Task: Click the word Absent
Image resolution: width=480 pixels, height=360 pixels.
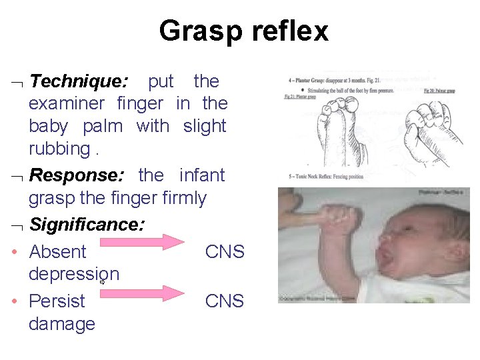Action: pos(58,252)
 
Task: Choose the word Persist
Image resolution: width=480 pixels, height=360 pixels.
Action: pos(57,301)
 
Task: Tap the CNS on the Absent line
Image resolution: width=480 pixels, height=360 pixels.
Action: pos(225,252)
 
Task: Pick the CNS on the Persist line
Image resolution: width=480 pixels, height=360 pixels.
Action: pos(225,301)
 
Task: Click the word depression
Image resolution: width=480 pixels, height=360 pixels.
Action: pos(74,274)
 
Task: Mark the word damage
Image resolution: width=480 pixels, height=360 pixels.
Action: pos(62,324)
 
